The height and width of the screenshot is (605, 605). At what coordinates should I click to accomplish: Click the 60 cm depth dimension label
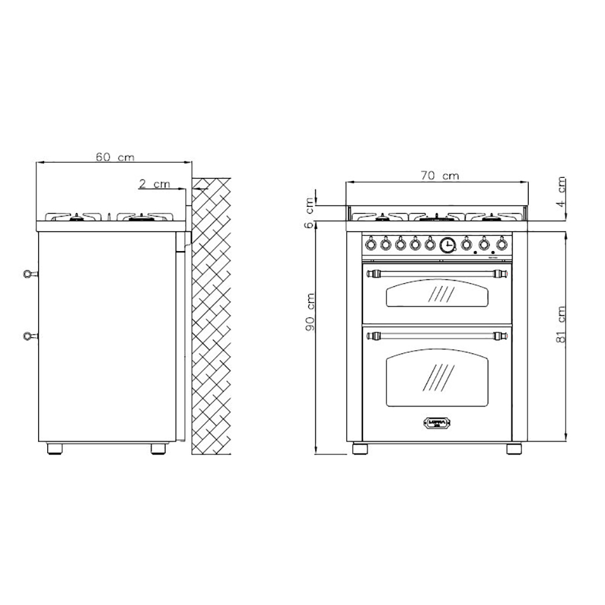pyautogui.click(x=114, y=157)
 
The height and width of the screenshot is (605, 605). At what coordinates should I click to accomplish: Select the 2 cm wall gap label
pyautogui.click(x=154, y=184)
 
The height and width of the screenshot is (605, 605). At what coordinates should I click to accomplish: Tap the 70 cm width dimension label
pyautogui.click(x=440, y=176)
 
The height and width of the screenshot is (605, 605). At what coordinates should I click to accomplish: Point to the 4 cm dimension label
pyautogui.click(x=562, y=192)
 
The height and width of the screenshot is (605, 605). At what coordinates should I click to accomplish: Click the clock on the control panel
pyautogui.click(x=447, y=244)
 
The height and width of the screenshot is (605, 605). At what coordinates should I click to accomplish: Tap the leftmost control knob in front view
pyautogui.click(x=370, y=244)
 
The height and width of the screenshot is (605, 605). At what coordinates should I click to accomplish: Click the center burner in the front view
pyautogui.click(x=437, y=217)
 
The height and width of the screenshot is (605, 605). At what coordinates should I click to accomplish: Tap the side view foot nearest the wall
pyautogui.click(x=159, y=448)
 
